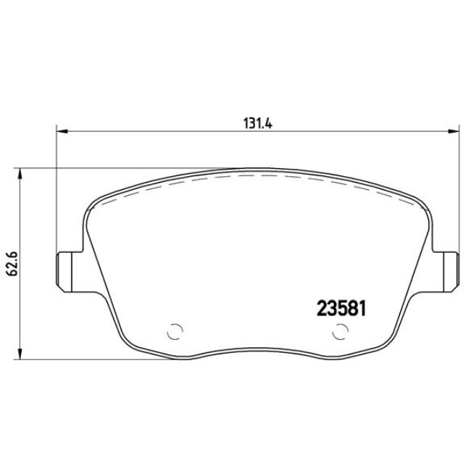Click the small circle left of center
click(x=174, y=332)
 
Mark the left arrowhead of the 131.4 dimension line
click(x=62, y=132)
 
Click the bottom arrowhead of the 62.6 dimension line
click(x=20, y=356)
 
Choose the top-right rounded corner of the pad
click(x=413, y=197)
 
